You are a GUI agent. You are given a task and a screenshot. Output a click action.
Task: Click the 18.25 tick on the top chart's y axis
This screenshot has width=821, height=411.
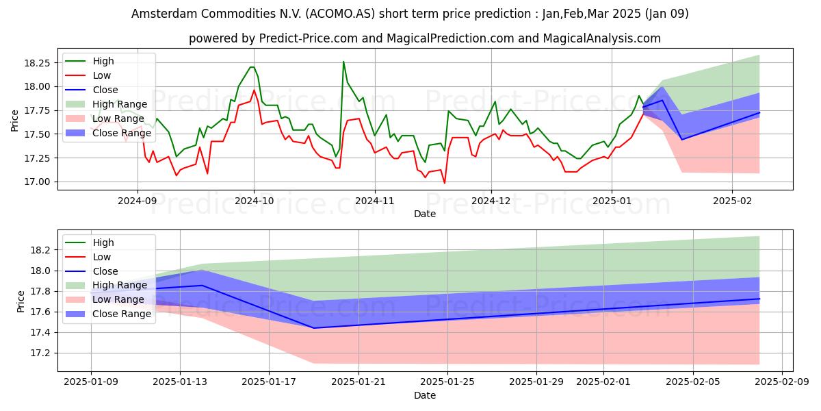coord(37,63)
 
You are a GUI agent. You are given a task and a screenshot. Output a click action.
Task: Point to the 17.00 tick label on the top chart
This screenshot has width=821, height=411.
coord(37,182)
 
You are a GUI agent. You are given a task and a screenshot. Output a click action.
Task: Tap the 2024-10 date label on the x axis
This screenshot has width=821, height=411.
coord(254,201)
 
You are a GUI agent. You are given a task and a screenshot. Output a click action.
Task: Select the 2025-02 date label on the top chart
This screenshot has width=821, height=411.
coord(732,201)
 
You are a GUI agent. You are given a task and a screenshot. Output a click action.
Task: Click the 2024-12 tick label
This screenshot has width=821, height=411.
coord(491,201)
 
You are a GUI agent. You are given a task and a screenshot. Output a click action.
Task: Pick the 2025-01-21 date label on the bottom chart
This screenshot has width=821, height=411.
coord(358,382)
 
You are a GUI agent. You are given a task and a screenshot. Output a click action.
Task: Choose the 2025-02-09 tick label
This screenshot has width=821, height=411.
coord(782,382)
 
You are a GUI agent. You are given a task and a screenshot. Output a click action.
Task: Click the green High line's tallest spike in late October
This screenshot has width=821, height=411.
coord(343,61)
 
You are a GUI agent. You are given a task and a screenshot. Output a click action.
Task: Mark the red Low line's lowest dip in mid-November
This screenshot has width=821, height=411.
coord(445,183)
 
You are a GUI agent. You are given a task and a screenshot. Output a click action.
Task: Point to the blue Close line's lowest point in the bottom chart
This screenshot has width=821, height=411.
coord(314,328)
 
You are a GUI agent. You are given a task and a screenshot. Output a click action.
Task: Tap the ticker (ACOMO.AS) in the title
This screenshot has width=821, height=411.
coord(340,14)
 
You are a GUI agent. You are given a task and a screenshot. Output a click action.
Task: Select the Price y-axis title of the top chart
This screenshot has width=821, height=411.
coord(14,121)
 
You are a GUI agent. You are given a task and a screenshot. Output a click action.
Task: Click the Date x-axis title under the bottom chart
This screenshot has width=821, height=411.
coord(425,395)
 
